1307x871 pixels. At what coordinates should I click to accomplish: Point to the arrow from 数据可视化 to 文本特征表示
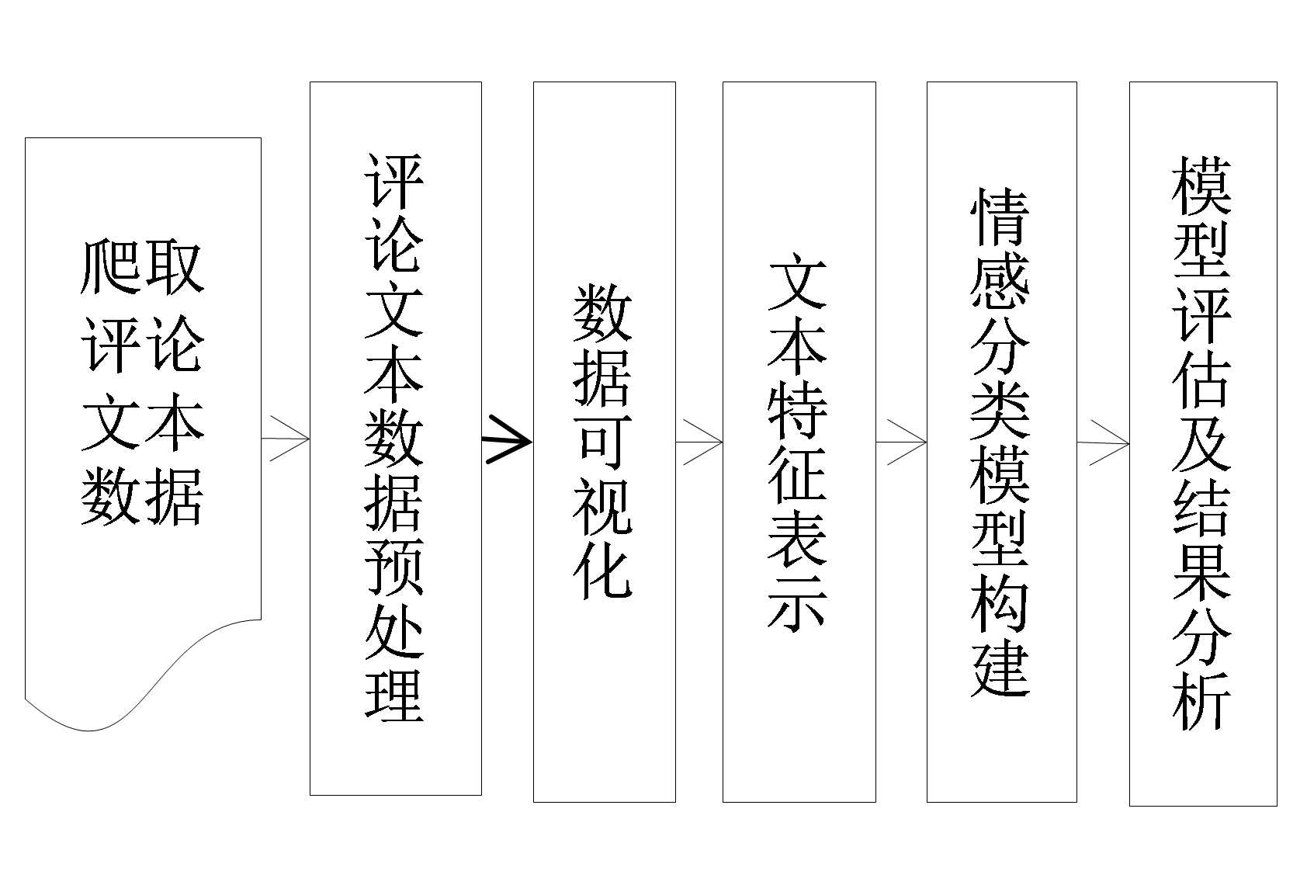click(x=699, y=442)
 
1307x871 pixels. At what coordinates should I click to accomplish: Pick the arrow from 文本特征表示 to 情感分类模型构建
click(x=902, y=442)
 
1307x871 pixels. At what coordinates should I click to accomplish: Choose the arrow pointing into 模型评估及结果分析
click(x=1104, y=443)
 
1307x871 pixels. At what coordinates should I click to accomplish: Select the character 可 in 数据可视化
click(x=603, y=442)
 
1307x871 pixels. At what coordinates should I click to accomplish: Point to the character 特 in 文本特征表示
click(x=798, y=410)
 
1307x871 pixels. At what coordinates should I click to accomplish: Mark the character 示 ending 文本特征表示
click(x=798, y=601)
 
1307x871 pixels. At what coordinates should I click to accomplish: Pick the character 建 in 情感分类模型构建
click(x=1000, y=668)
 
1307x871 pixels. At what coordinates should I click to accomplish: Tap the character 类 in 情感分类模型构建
click(x=1000, y=410)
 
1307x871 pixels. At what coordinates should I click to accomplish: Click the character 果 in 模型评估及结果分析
click(x=1201, y=571)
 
